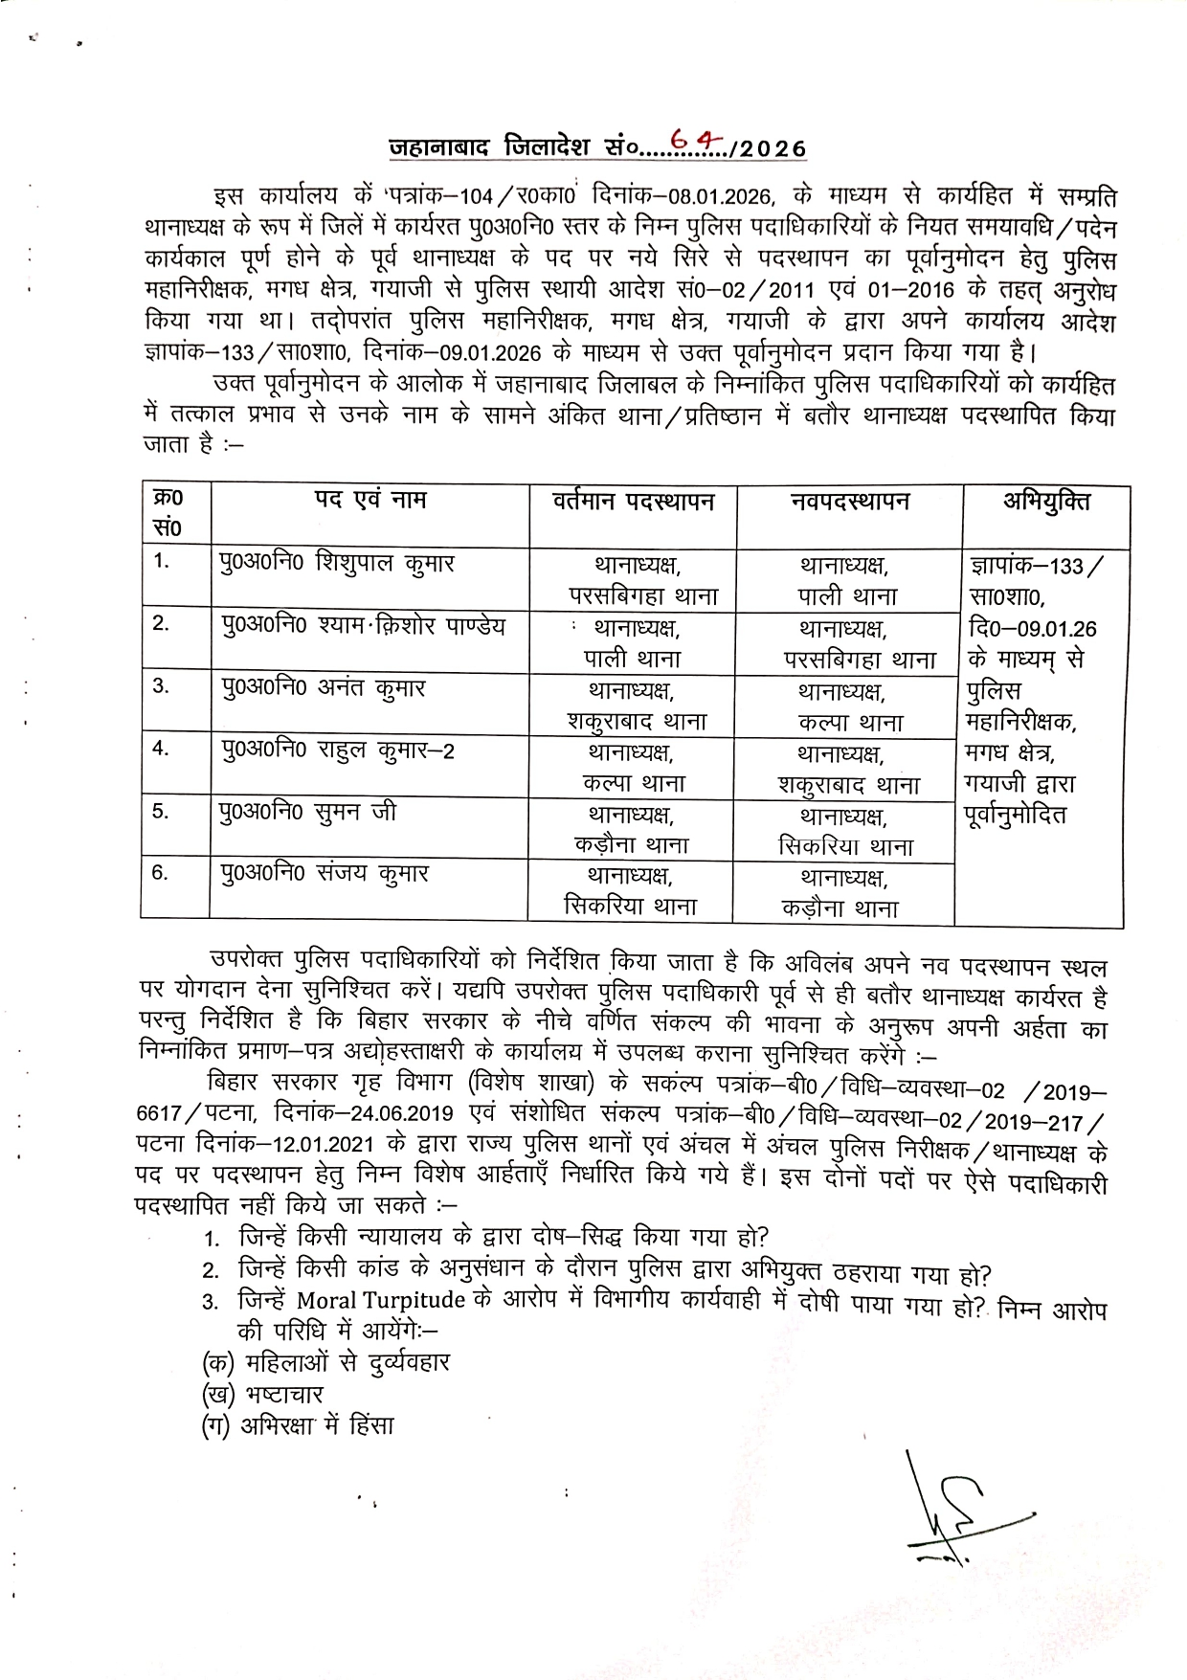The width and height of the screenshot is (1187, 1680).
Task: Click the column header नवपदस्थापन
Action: coord(849,502)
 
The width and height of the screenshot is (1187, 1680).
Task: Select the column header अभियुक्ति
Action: coord(1045,502)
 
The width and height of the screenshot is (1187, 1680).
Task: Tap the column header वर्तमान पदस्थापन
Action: coord(633,502)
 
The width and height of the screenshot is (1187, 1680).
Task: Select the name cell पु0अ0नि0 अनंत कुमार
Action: coord(324,688)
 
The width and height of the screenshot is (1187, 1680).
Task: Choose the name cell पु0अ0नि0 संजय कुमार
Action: coord(325,874)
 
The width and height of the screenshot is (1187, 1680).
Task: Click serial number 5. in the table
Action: coord(161,812)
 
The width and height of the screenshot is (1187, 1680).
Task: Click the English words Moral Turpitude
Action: coord(381,1300)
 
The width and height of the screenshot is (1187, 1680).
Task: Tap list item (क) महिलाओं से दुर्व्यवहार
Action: coord(325,1362)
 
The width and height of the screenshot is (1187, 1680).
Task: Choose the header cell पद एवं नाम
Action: coord(370,500)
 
